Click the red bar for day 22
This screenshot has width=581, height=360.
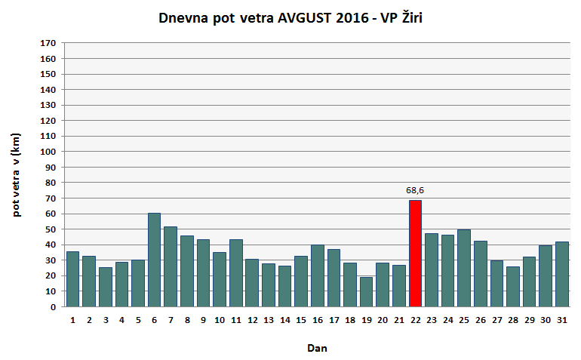coord(415,254)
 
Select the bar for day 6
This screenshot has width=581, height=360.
coord(154,260)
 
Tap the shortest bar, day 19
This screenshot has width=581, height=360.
coord(366,292)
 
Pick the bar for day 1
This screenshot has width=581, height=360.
coord(72,279)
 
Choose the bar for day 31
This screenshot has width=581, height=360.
coord(562,274)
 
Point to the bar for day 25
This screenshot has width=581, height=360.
coord(464,268)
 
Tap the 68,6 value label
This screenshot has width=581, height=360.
coord(416,190)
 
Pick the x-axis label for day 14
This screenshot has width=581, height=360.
coord(284,320)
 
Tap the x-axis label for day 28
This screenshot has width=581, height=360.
coord(513,320)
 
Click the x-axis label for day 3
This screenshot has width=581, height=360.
coord(105,320)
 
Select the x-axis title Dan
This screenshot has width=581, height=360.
coord(317,348)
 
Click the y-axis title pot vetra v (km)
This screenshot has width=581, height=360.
coord(17,174)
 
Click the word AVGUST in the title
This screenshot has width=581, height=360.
coord(306,18)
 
